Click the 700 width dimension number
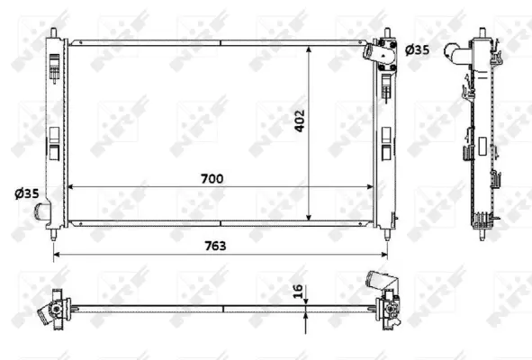point(212,178)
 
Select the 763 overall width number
point(214,245)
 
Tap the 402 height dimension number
point(301,122)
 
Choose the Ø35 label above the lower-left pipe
point(26,193)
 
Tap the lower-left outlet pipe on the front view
point(41,213)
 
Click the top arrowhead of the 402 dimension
point(311,46)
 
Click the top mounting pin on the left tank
point(56,33)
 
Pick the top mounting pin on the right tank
point(389,33)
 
